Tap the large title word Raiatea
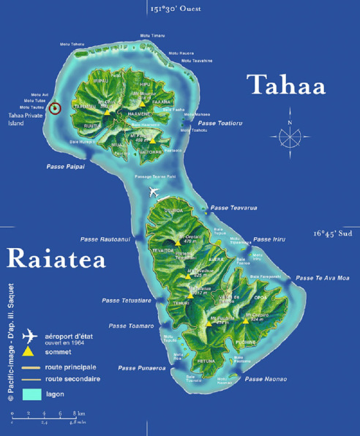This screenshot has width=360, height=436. point(56,258)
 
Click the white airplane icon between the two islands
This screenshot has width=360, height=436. point(154,192)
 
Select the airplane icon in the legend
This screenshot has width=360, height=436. point(29,337)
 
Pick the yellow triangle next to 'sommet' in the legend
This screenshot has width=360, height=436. point(29,353)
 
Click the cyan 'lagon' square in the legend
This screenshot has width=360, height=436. point(31,394)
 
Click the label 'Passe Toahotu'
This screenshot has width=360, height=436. point(220,123)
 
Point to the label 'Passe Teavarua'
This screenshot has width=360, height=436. point(234,208)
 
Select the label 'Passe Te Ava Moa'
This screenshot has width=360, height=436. point(323,278)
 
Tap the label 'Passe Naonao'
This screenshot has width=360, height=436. point(266,378)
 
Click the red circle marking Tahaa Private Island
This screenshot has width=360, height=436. point(56,109)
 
